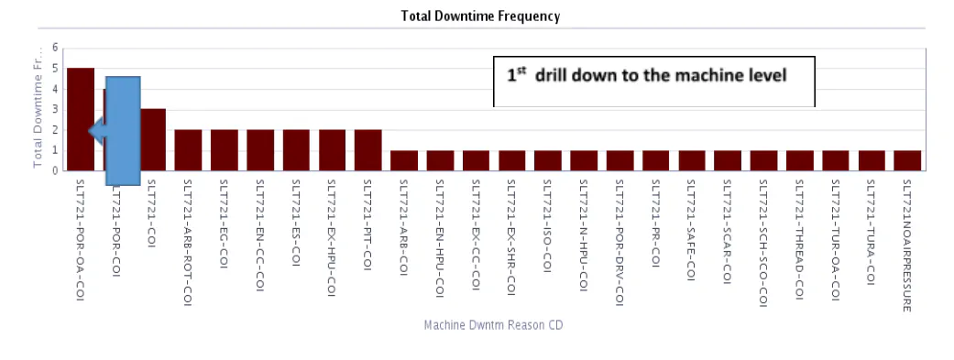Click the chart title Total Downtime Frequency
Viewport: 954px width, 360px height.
point(480,16)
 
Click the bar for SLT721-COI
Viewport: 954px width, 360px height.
point(153,139)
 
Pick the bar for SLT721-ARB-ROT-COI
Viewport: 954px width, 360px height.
point(188,150)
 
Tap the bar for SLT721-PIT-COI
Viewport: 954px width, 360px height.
point(367,150)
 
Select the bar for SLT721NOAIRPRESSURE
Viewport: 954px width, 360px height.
point(907,160)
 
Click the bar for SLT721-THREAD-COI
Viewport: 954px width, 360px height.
point(799,160)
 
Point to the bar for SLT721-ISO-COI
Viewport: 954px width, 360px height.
point(548,160)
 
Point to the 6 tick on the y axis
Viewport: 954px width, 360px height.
point(55,48)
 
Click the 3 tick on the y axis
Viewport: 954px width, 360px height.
point(55,110)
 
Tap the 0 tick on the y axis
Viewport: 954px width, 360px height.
point(55,170)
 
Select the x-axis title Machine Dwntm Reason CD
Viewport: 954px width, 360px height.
point(499,325)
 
